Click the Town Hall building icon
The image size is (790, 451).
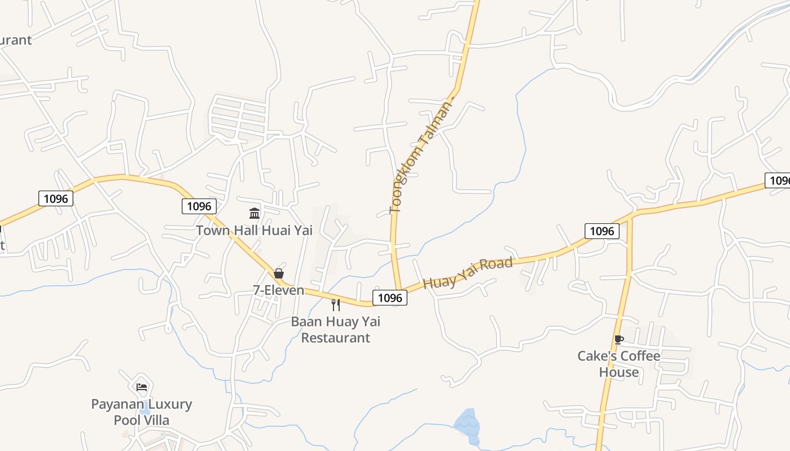click(x=254, y=214)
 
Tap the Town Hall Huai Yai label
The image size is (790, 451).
click(x=254, y=230)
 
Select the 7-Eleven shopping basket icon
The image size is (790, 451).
click(x=279, y=274)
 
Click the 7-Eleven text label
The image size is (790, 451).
click(x=278, y=290)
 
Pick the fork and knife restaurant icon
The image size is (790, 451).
click(x=336, y=305)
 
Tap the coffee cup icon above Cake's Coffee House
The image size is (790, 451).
click(x=619, y=339)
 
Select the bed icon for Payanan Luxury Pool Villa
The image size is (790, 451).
click(x=142, y=387)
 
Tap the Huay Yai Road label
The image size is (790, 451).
click(x=468, y=273)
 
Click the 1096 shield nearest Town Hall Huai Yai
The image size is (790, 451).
click(x=199, y=206)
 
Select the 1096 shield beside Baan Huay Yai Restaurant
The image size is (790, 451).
click(x=390, y=298)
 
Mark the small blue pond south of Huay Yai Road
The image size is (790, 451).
click(x=467, y=424)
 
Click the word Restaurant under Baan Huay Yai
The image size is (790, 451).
click(x=336, y=338)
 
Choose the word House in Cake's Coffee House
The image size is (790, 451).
click(x=619, y=372)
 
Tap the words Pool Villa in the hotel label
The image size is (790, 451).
click(x=142, y=420)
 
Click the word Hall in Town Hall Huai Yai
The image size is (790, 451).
click(x=244, y=230)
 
